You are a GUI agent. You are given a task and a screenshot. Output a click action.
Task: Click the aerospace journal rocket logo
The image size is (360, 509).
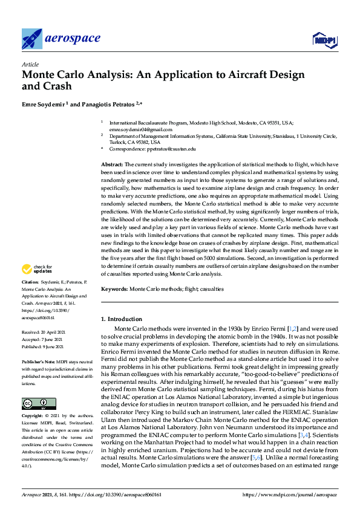pyautogui.click(x=32, y=39)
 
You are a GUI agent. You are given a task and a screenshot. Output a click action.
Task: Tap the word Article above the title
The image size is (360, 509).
pyautogui.click(x=30, y=64)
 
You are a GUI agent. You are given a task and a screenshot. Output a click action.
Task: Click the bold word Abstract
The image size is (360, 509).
pyautogui.click(x=112, y=164)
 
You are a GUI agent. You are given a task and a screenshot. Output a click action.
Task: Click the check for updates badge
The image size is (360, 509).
pyautogui.click(x=37, y=269)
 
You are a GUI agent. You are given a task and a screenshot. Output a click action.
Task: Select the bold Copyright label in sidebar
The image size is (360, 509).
pyautogui.click(x=33, y=416)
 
